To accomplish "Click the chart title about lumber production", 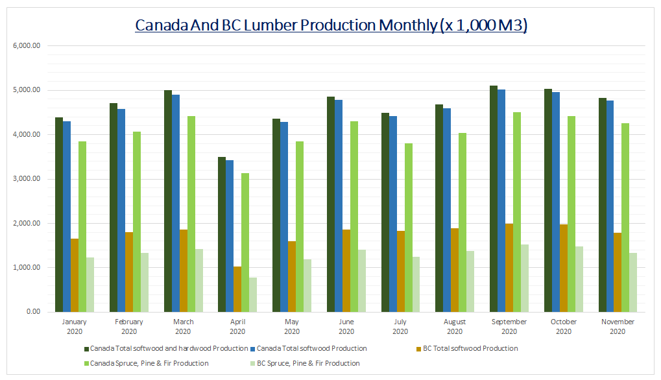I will tap(330, 25).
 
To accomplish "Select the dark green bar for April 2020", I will tap(222, 234).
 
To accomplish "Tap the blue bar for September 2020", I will tap(501, 200).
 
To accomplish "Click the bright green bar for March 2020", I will tap(191, 214).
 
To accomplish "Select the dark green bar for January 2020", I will tap(59, 215).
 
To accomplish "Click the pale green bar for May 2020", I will tap(307, 285).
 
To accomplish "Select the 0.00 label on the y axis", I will tap(33, 312).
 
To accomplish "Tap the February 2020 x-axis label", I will tap(128, 327).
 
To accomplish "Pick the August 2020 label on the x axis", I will tap(455, 327).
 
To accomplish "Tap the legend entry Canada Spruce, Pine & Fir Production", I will tap(149, 364).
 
